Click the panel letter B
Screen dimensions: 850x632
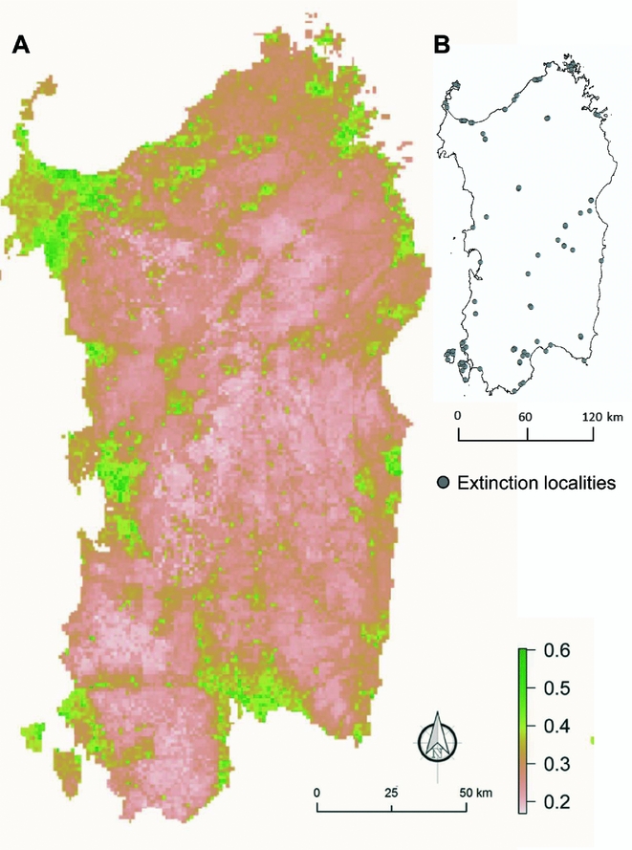coord(443,45)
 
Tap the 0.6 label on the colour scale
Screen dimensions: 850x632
coord(556,651)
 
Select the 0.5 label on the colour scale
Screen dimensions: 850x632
coord(556,688)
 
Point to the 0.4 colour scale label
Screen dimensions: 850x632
coord(556,726)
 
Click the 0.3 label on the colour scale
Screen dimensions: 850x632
coord(556,763)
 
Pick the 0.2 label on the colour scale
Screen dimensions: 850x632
coord(556,800)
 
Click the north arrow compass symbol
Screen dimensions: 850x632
coord(437,741)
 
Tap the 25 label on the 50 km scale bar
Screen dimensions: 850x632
coord(391,794)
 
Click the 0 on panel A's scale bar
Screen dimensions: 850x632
coord(316,794)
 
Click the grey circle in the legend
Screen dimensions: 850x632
coord(443,483)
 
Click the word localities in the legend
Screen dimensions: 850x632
coord(578,483)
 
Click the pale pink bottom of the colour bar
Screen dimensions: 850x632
coord(522,806)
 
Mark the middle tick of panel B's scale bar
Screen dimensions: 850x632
coord(527,435)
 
